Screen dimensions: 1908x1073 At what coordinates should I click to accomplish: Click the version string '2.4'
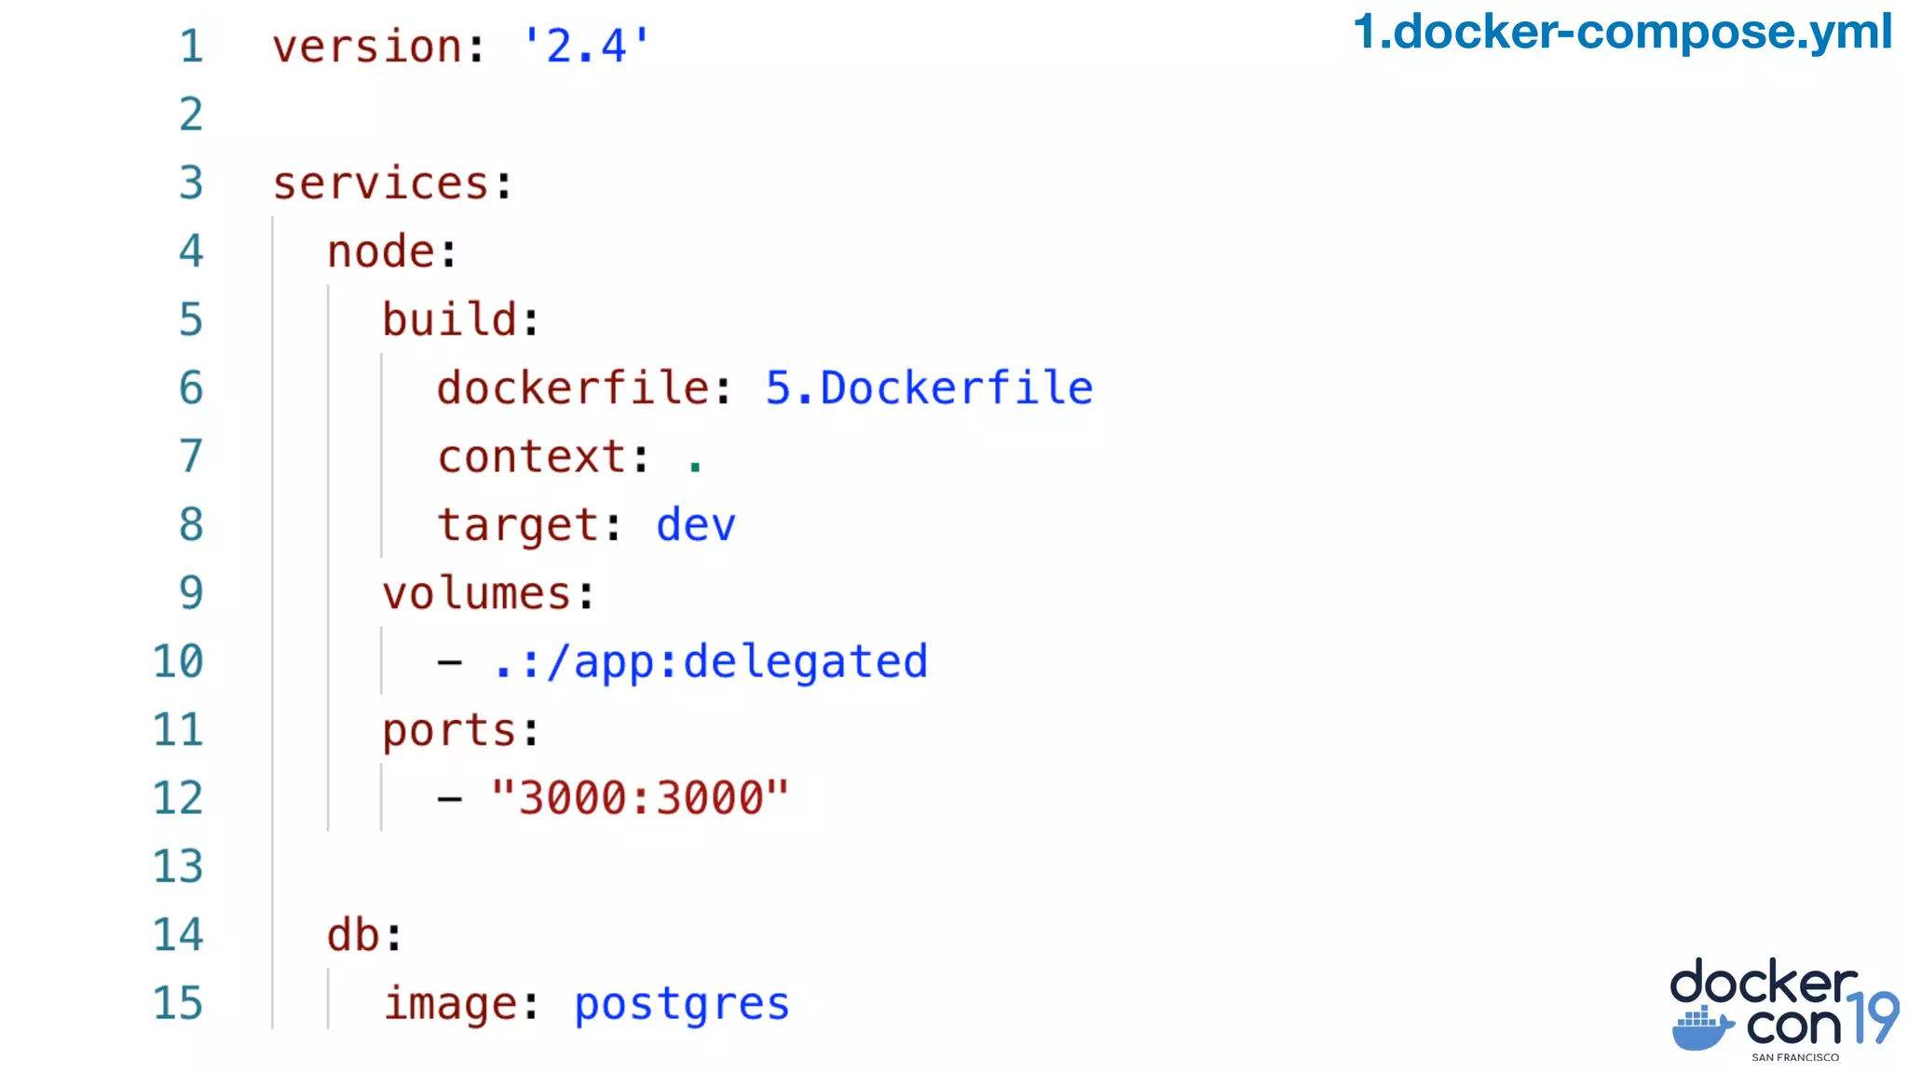[x=585, y=46]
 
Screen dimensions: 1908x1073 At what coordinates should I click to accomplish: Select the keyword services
[x=380, y=183]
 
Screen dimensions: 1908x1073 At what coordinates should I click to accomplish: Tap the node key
[x=380, y=252]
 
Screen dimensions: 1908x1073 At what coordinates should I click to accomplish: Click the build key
[x=449, y=320]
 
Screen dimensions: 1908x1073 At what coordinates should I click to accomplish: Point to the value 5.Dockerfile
[x=929, y=388]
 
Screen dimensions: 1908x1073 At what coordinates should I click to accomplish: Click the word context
[x=531, y=457]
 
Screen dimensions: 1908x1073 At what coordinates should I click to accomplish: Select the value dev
[x=695, y=525]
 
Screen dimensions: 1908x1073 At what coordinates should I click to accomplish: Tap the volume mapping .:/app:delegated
[x=710, y=662]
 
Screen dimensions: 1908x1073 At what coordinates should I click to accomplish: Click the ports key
[x=449, y=731]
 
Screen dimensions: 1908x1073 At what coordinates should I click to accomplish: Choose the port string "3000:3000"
[x=640, y=798]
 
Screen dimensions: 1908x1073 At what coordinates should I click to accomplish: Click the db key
[x=352, y=935]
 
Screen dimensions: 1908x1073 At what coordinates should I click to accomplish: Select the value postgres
[x=682, y=1004]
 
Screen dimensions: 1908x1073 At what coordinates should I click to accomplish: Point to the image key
[x=451, y=1004]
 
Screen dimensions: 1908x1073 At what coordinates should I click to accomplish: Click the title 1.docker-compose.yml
[x=1622, y=32]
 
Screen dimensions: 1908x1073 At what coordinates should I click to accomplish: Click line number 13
[x=177, y=867]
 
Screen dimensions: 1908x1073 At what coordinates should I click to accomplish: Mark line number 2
[x=191, y=115]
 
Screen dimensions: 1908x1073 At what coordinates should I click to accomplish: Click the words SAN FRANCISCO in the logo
[x=1794, y=1057]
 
